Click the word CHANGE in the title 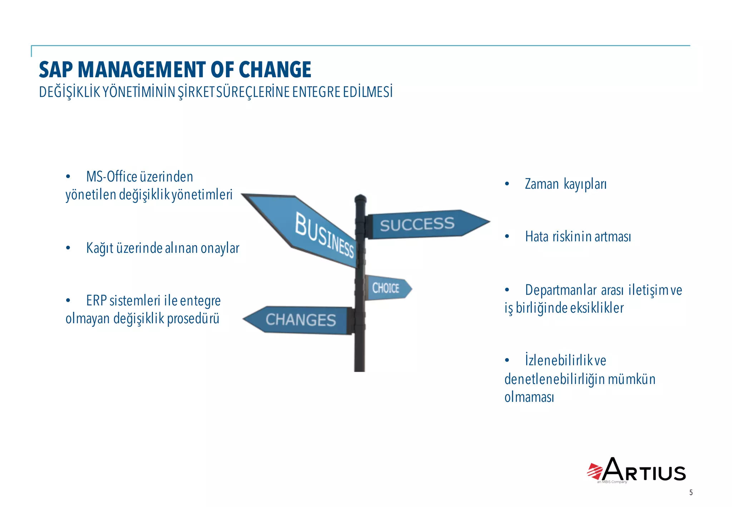tap(275, 69)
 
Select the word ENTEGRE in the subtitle tap(316, 92)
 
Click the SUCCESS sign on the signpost tap(417, 225)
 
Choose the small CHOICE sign tap(386, 288)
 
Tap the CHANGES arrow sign tap(300, 320)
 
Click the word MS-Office tap(112, 177)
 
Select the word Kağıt tap(100, 248)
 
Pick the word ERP tap(97, 301)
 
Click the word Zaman tap(541, 184)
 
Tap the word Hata tap(536, 237)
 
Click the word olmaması tap(529, 397)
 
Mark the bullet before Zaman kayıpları tap(507, 184)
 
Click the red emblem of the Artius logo tap(595, 471)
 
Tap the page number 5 tap(691, 492)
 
